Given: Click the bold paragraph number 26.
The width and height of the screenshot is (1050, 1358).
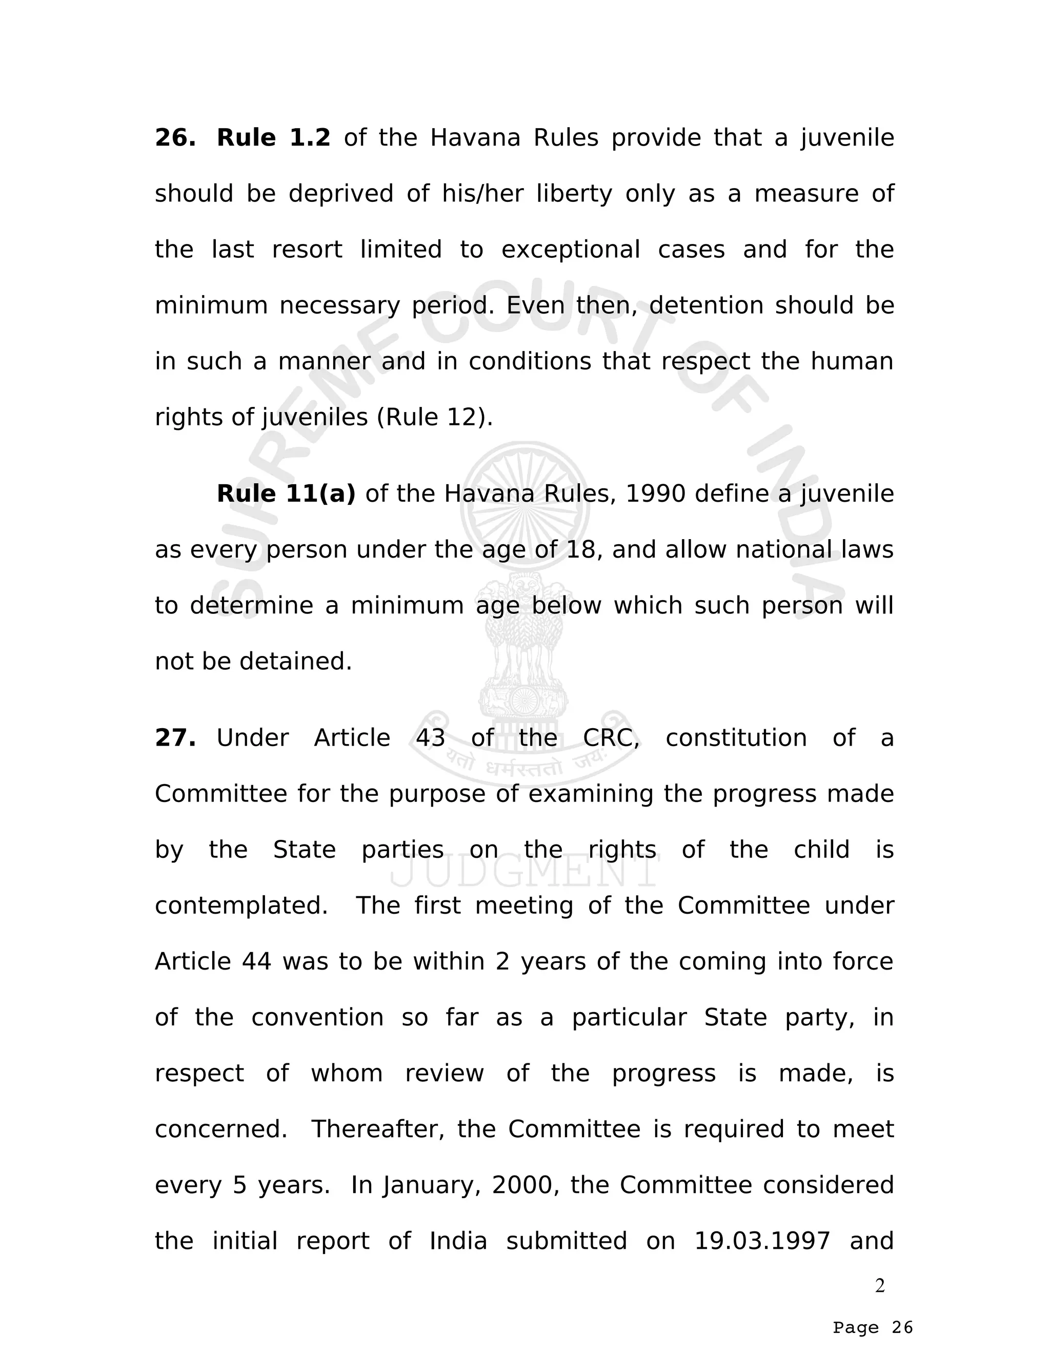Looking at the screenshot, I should click(175, 138).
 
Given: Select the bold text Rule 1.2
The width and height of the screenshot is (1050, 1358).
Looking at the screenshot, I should click(273, 138).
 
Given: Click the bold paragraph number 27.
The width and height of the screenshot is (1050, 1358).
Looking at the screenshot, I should click(175, 738).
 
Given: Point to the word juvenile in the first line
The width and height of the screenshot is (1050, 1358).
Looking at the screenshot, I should click(846, 138).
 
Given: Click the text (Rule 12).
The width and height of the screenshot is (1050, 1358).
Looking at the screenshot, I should click(435, 417).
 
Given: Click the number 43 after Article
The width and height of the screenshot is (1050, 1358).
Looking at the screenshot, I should click(431, 738).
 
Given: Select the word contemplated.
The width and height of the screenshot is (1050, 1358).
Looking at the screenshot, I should click(241, 906).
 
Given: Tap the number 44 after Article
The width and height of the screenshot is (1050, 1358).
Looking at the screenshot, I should click(256, 962).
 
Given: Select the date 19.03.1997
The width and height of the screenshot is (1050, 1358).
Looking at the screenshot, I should click(762, 1241).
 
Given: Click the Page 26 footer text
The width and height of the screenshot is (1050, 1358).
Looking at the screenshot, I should click(873, 1328).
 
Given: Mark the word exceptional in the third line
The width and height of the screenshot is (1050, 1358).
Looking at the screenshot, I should click(571, 250).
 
